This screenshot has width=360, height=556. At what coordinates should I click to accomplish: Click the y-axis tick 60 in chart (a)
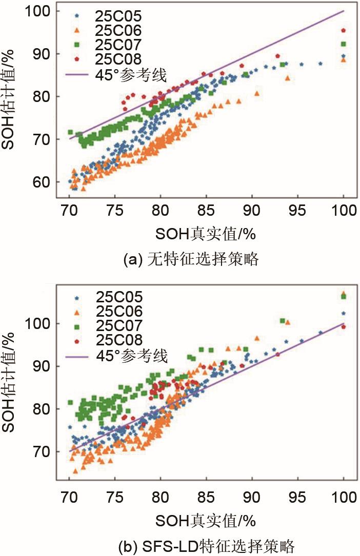[x=43, y=182]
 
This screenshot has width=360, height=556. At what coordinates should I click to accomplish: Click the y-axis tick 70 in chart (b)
[x=43, y=451]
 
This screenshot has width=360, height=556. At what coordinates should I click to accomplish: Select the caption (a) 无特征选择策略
[x=191, y=259]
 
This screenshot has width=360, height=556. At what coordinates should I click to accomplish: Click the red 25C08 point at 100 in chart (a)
[x=343, y=31]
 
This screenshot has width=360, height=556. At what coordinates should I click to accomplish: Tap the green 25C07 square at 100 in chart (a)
[x=343, y=44]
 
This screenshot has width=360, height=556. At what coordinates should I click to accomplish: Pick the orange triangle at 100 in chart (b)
[x=343, y=294]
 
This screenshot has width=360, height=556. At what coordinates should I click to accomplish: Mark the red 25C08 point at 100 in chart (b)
[x=343, y=326]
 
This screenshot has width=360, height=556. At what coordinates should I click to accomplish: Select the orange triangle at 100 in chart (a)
[x=343, y=60]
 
